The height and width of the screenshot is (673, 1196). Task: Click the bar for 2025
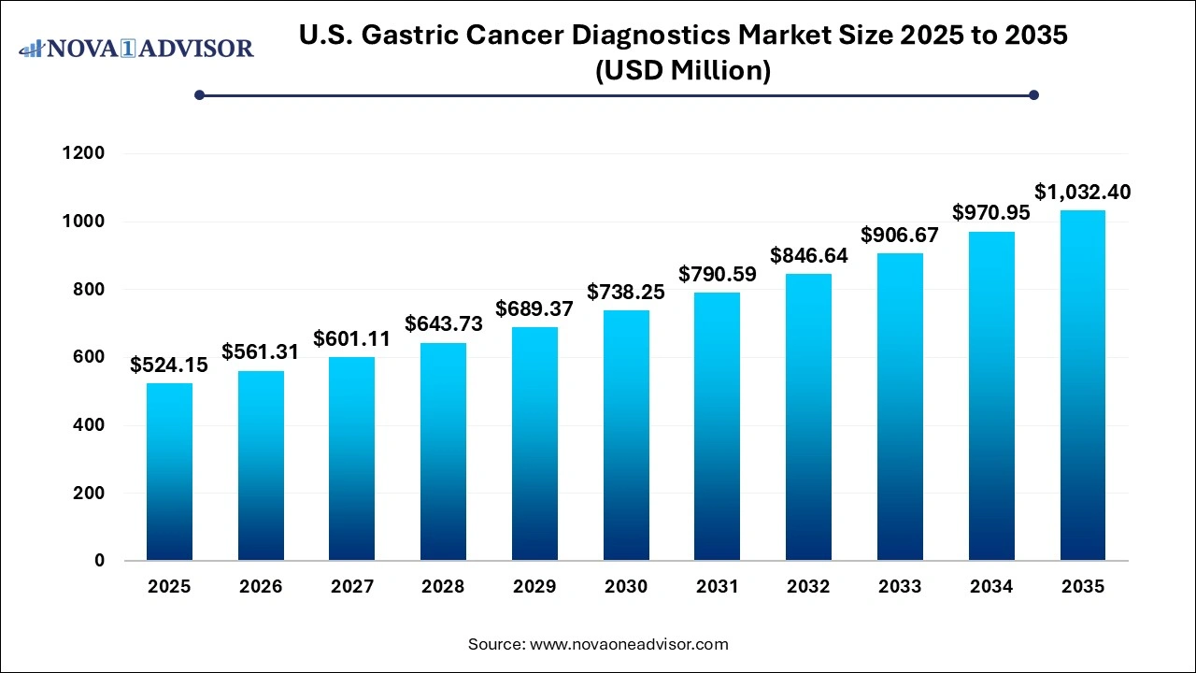pos(169,472)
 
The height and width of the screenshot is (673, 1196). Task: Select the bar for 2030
pos(626,436)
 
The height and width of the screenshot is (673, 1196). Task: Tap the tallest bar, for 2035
pos(1082,385)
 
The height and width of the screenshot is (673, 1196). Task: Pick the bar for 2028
pos(443,451)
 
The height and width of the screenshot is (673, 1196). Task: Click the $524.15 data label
pos(169,365)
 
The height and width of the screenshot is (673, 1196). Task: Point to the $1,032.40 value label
pos(1082,193)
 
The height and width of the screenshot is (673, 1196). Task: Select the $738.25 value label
pos(626,293)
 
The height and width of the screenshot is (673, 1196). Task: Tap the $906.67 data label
pos(900,235)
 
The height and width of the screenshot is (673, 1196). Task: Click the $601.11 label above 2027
pos(351,338)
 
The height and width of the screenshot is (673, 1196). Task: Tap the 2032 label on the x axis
pos(808,587)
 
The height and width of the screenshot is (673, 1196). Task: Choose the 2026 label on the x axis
pos(261,587)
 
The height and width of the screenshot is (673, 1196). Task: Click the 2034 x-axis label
pos(991,587)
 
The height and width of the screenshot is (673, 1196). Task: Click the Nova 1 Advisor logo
pos(136,48)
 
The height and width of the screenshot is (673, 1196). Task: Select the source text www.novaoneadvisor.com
pos(628,644)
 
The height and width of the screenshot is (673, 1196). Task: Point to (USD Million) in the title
pos(682,71)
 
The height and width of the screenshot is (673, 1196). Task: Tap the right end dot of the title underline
pos(1033,94)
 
